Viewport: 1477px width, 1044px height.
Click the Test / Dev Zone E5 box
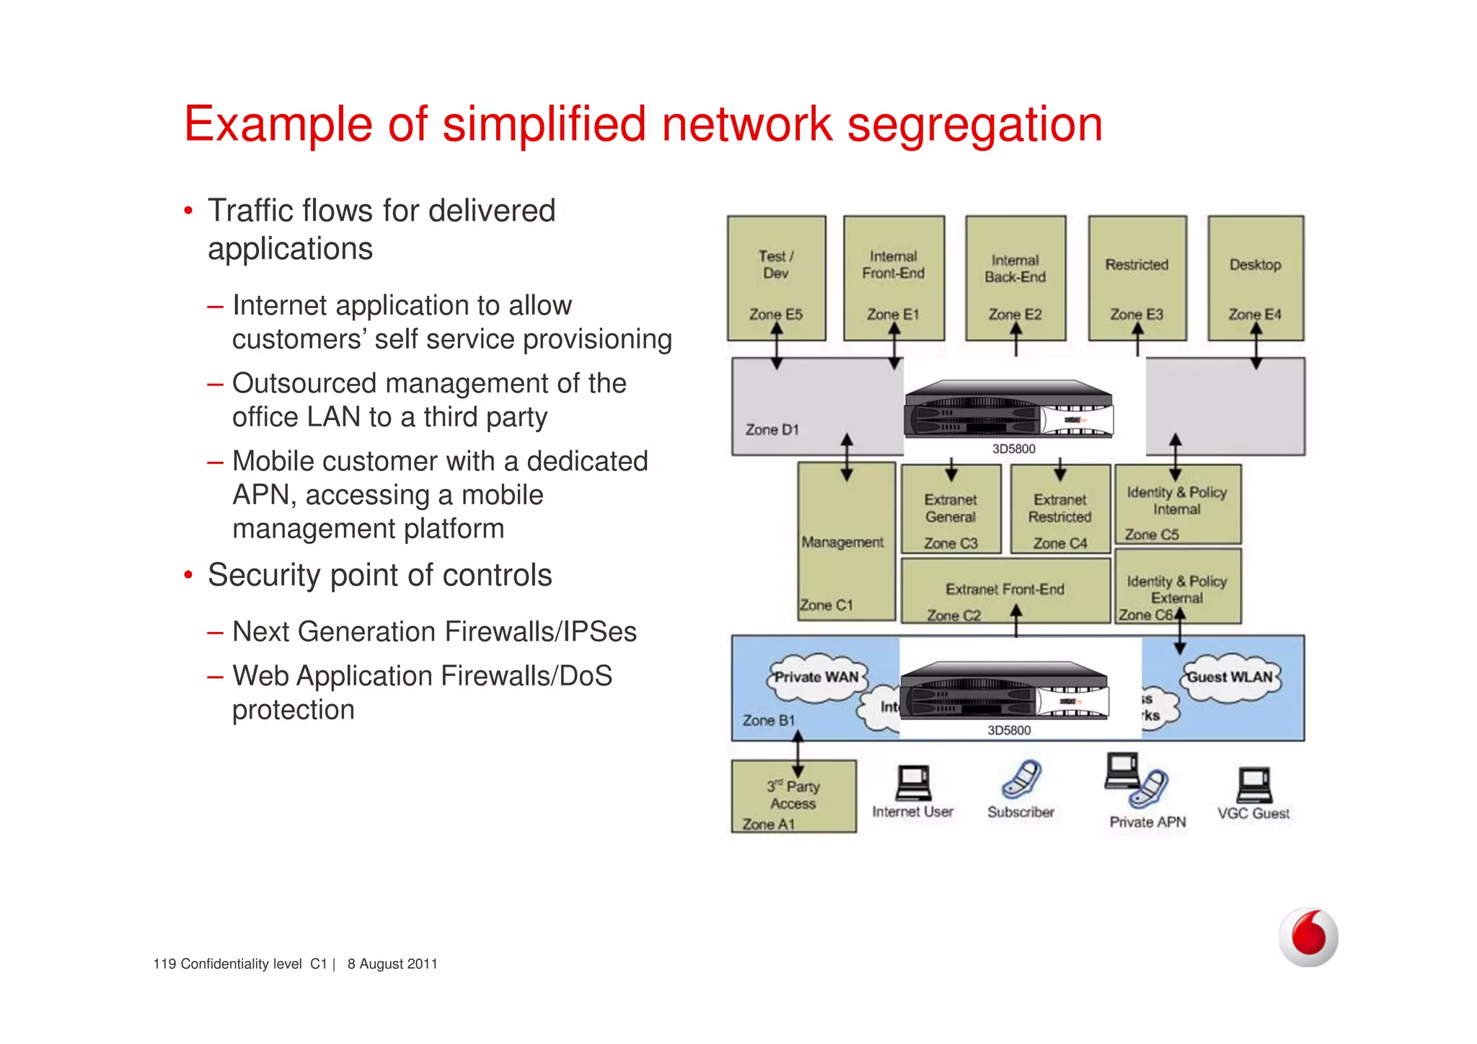coord(776,278)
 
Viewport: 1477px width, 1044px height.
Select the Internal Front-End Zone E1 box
coord(894,278)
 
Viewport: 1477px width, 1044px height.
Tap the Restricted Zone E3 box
coord(1137,278)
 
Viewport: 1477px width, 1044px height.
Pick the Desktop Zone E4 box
coord(1256,278)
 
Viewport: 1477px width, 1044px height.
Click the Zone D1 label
coord(772,430)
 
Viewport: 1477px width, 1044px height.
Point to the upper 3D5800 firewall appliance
coord(1008,410)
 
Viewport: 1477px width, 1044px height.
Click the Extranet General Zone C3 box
coord(951,509)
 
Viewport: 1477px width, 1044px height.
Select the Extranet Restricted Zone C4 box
coord(1059,509)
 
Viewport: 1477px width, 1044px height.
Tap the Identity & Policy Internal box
coord(1177,504)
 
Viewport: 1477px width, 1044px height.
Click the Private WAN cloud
coord(816,677)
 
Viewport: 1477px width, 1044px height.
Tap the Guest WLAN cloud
coord(1230,677)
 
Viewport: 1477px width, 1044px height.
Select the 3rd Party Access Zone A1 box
coord(793,796)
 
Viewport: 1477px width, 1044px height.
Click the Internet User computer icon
coord(913,784)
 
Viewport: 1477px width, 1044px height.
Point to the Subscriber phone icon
coord(1021,779)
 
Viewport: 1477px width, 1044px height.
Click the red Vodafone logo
coord(1308,936)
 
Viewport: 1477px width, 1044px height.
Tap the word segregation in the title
coord(974,124)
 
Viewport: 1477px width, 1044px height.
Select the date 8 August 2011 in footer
coord(392,964)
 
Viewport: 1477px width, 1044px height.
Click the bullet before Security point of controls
coord(188,576)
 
